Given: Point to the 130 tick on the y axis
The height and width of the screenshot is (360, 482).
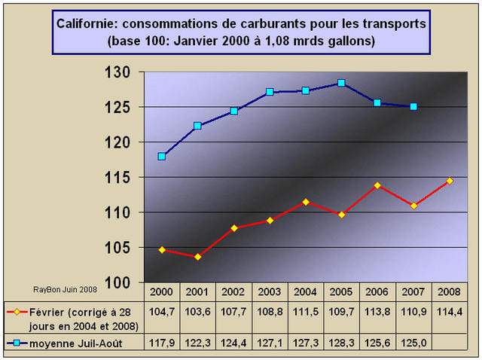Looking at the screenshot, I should click(120, 72).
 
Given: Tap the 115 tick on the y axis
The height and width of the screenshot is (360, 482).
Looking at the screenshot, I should click(120, 178).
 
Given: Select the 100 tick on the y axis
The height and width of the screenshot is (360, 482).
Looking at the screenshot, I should click(120, 282).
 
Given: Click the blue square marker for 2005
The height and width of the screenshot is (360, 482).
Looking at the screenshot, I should click(341, 83).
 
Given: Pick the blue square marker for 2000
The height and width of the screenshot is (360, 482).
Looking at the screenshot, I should click(161, 156).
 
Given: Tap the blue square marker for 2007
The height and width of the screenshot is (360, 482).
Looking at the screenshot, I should click(413, 106).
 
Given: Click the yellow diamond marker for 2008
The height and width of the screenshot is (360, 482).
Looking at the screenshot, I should click(450, 181).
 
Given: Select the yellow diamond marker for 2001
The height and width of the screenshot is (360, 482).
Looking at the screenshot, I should click(197, 257).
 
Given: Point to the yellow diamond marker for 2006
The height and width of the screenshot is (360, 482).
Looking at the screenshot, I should click(377, 185).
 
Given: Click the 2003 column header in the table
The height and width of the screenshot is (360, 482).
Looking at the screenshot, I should click(269, 291).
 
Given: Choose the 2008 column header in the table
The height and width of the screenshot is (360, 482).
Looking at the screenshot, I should click(449, 291).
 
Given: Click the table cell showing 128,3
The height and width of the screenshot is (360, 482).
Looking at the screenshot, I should click(341, 343).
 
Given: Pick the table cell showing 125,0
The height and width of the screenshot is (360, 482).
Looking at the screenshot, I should click(413, 343).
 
